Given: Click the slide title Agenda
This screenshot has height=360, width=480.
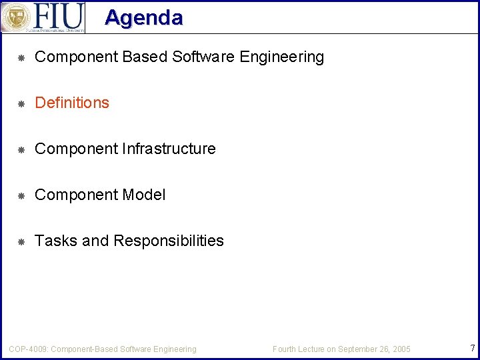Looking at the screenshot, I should coord(143,17).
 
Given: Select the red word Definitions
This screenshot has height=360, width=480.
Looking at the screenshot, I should coord(72,103).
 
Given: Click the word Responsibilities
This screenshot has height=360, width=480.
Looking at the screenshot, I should coord(169,241).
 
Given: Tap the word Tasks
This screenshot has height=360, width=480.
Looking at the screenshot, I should coord(56,241).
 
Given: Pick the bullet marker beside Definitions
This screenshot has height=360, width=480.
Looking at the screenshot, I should coord(21,104).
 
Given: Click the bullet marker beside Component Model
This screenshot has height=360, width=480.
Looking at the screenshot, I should coord(21,196).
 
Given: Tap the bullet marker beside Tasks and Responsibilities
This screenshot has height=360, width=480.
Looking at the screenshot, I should coord(21,242).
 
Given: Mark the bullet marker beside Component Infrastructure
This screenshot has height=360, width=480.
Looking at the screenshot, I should coord(21,150).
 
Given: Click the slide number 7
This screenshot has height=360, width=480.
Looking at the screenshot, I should coord(472,348).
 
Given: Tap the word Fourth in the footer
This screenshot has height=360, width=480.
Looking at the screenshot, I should coord(285,349).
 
